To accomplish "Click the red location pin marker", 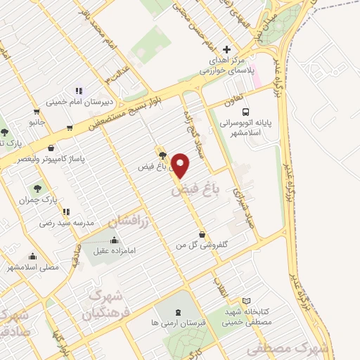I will click(x=182, y=165).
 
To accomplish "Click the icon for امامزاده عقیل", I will click(x=115, y=240).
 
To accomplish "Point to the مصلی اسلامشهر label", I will click(x=32, y=267).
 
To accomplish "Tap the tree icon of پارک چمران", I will click(x=37, y=188).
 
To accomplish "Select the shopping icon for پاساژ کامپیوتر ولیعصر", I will click(x=52, y=148).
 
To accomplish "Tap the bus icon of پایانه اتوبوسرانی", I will click(x=245, y=111).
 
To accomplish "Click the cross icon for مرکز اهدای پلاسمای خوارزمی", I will click(x=226, y=49).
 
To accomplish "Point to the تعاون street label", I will click(x=233, y=101).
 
